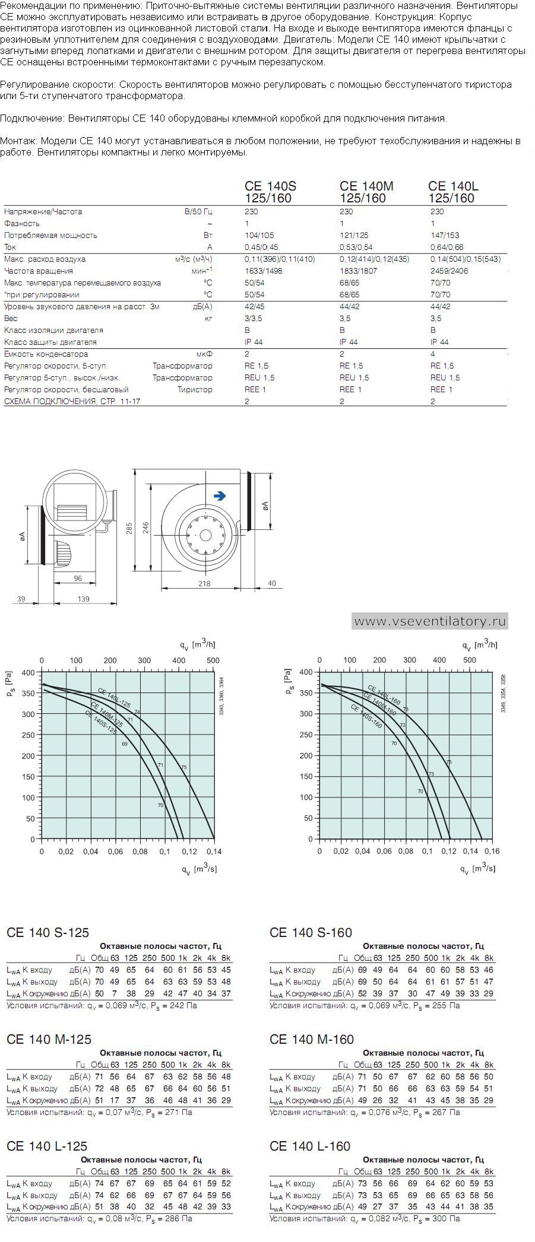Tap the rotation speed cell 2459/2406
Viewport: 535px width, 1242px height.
(449, 271)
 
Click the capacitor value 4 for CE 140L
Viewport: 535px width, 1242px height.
(433, 354)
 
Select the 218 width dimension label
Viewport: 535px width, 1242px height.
(204, 584)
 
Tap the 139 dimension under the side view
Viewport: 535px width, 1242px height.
(84, 599)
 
